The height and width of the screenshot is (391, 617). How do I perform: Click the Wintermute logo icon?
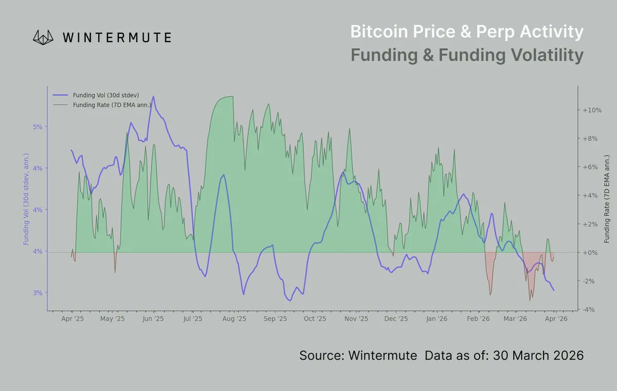click(x=44, y=36)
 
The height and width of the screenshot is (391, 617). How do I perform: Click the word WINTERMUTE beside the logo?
click(x=116, y=37)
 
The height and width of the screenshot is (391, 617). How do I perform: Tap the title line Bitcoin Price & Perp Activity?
click(x=466, y=32)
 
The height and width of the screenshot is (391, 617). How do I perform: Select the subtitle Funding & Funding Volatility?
click(x=466, y=55)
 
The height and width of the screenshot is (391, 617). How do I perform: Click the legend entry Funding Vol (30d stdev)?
click(x=106, y=96)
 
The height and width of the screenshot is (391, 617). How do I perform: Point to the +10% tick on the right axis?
click(x=592, y=110)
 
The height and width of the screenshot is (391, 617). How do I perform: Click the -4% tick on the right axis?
click(x=590, y=309)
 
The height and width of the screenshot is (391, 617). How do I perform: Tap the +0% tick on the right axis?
click(x=590, y=253)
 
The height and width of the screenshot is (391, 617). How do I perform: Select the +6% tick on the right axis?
click(x=590, y=167)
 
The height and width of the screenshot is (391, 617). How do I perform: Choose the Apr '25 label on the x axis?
click(x=72, y=319)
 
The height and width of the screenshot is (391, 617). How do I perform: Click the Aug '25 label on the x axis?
click(x=234, y=319)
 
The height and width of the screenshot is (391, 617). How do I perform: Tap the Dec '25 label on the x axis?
click(x=396, y=319)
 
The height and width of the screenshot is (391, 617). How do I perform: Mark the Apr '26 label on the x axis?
click(x=556, y=319)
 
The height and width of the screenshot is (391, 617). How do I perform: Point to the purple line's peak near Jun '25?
click(x=153, y=96)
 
